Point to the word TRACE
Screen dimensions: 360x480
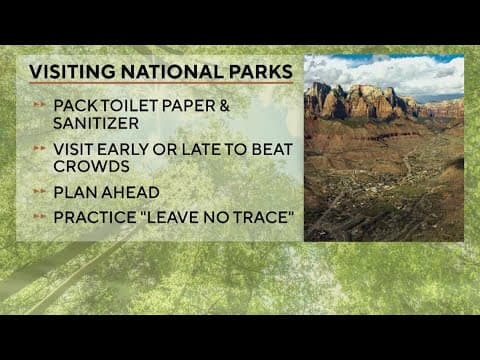tap(254, 217)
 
